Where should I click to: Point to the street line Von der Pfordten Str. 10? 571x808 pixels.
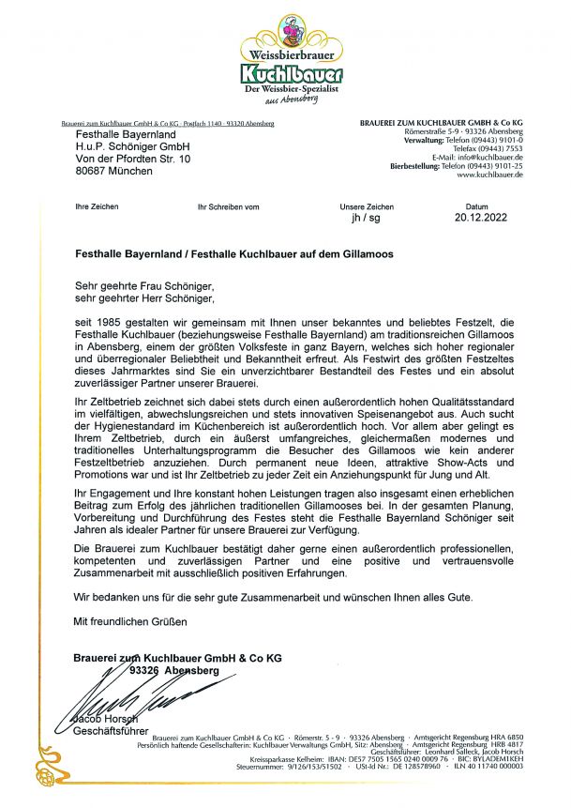coord(132,160)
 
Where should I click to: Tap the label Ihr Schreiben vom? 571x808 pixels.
coord(228,206)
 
